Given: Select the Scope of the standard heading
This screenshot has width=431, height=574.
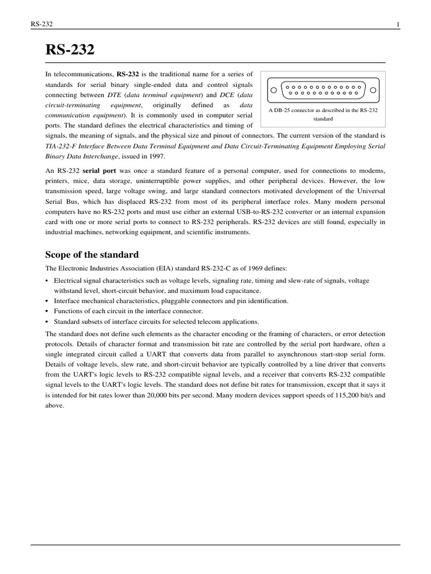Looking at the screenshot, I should pos(92,254).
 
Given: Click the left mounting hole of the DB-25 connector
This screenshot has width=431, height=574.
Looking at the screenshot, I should pos(273,90).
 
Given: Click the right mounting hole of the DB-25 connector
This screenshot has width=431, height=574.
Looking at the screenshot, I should pos(372,90).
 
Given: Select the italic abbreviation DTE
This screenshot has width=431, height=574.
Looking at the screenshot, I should pos(114,95).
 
